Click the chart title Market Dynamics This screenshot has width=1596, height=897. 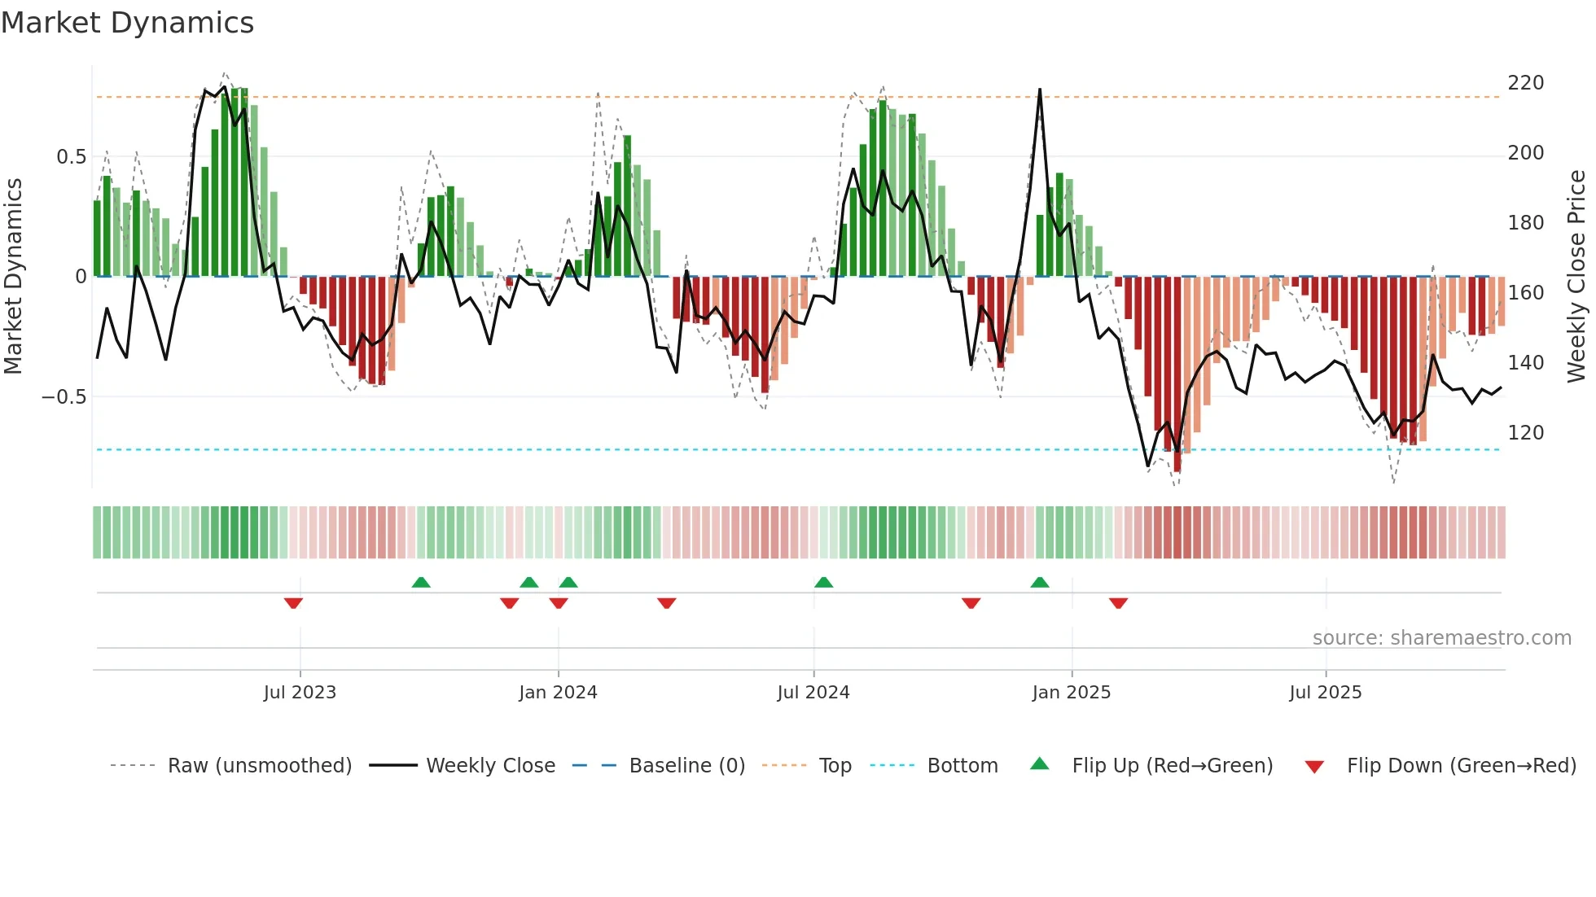click(x=128, y=23)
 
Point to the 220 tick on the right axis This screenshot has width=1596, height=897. click(x=1525, y=83)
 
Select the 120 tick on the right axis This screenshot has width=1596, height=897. click(x=1525, y=433)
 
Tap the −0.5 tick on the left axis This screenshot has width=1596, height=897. click(x=64, y=397)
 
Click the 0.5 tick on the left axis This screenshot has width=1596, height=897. click(x=71, y=157)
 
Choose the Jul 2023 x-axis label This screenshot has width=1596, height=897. click(x=300, y=693)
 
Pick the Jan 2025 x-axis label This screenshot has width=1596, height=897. click(x=1071, y=693)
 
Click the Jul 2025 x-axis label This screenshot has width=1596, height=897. click(x=1325, y=693)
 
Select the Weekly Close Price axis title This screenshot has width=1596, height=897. click(x=1576, y=277)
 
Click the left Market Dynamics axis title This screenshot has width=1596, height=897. click(x=13, y=277)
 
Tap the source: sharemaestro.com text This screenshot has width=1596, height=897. click(x=1441, y=638)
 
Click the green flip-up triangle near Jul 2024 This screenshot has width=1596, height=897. click(x=823, y=582)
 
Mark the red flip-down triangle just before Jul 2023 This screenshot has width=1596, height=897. click(x=293, y=603)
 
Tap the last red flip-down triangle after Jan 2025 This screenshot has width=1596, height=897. click(x=1118, y=603)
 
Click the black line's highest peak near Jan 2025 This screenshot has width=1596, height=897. click(x=1040, y=90)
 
